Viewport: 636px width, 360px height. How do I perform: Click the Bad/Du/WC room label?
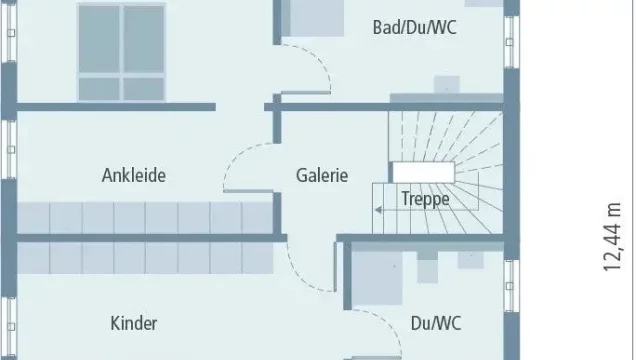(x=415, y=28)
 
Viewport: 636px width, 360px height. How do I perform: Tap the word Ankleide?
(x=133, y=175)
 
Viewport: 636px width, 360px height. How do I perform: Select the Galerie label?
(x=322, y=175)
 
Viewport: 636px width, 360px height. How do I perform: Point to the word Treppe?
(x=425, y=199)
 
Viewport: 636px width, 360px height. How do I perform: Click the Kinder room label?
(x=133, y=323)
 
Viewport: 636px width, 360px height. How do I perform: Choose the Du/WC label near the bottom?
(x=436, y=323)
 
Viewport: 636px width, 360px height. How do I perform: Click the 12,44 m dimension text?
(x=612, y=237)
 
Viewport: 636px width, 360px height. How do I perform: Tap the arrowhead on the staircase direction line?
(x=378, y=210)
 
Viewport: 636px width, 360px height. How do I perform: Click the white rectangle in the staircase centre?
(x=423, y=172)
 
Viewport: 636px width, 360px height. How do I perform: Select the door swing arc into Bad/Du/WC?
(x=320, y=61)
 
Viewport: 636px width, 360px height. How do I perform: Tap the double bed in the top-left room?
(x=121, y=52)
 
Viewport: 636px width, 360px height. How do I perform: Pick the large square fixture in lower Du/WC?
(x=377, y=278)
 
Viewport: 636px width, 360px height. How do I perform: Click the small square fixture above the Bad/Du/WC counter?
(x=447, y=84)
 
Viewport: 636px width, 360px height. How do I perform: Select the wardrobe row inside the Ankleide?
(x=145, y=218)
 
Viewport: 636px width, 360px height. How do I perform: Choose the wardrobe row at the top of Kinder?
(x=145, y=257)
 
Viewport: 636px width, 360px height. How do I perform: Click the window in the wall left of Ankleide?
(x=10, y=149)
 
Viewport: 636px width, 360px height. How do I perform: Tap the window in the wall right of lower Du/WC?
(x=510, y=286)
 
